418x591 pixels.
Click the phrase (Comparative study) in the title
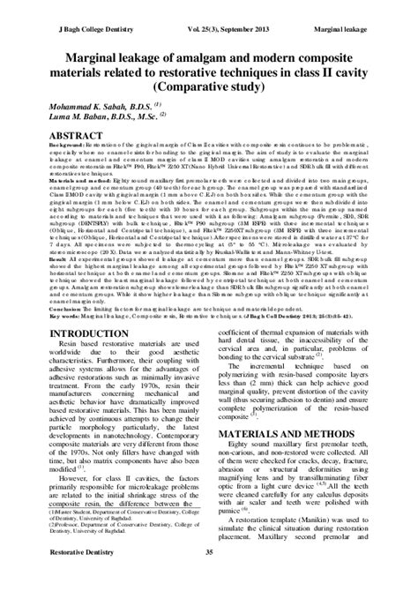[x=208, y=88]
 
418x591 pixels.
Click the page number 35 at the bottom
[x=209, y=577]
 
